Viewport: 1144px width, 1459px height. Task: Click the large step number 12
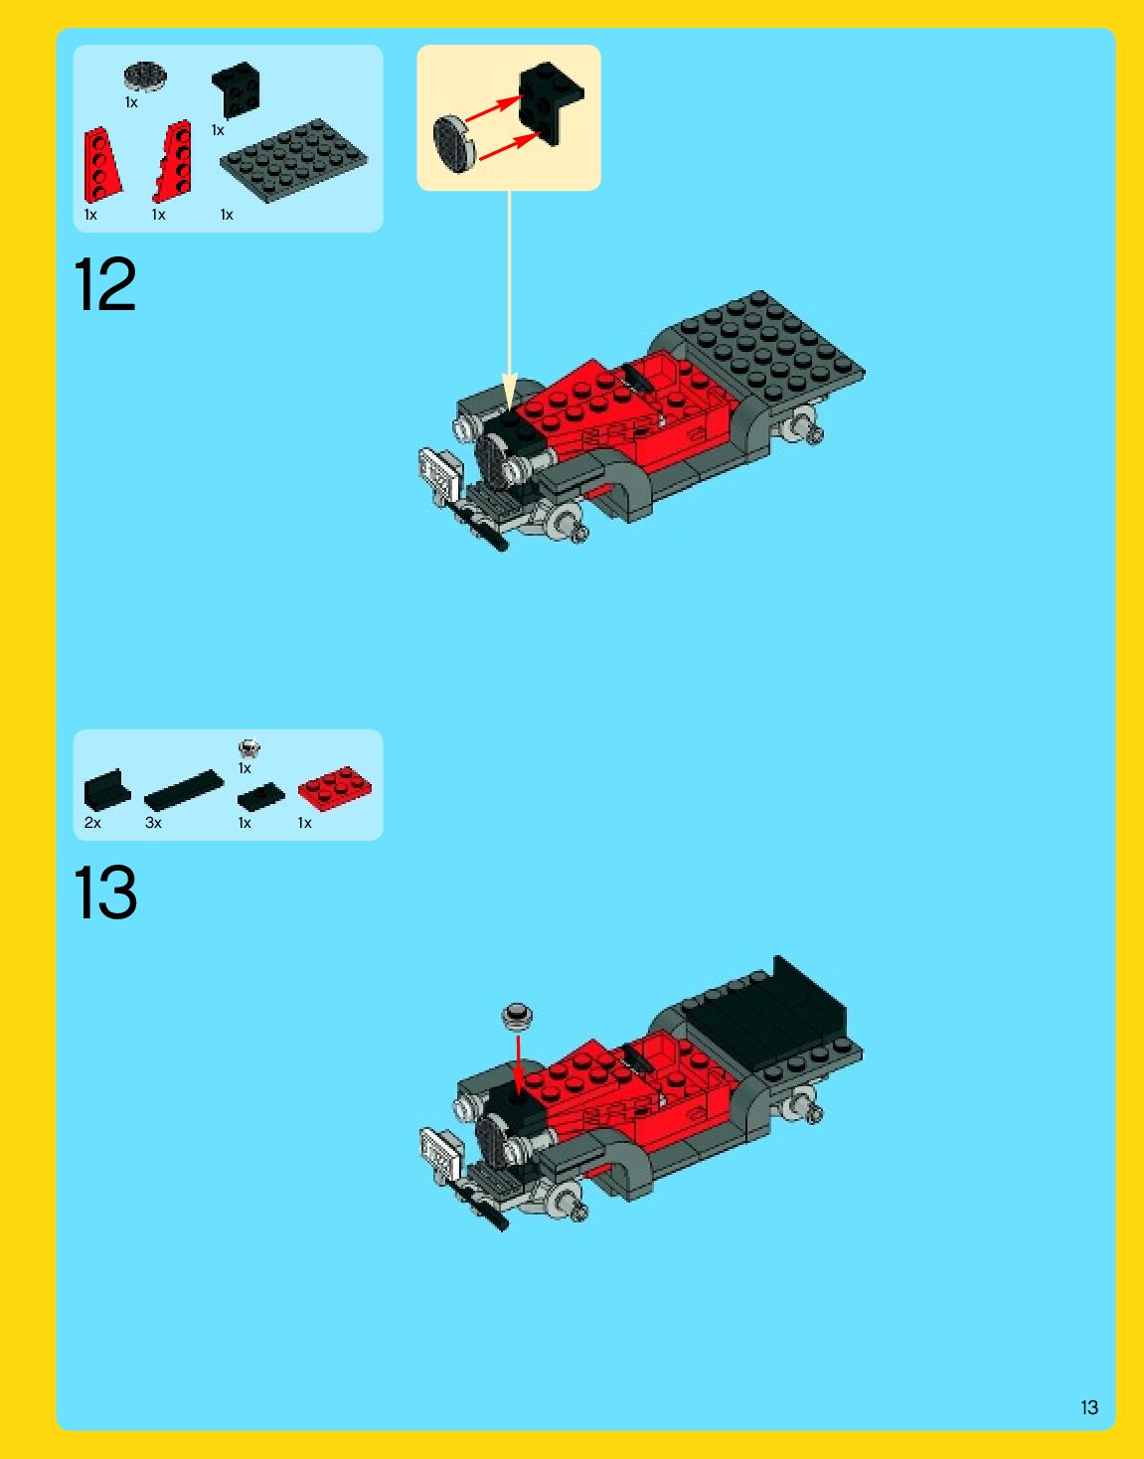click(x=104, y=284)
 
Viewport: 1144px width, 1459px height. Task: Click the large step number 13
click(x=105, y=892)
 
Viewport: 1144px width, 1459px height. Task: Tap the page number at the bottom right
click(x=1089, y=1407)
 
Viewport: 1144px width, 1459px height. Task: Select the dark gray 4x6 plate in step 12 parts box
click(x=293, y=160)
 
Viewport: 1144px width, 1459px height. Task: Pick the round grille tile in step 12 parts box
click(x=145, y=76)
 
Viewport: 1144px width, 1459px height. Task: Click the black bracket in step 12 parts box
click(x=236, y=90)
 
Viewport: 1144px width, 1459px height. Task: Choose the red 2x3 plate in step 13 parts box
click(x=335, y=788)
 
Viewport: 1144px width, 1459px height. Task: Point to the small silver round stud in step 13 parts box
click(x=249, y=747)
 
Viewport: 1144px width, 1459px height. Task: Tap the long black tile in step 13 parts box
click(x=183, y=790)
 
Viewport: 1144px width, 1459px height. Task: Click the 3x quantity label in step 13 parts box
click(x=153, y=823)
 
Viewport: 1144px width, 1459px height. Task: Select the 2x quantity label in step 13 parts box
click(x=92, y=823)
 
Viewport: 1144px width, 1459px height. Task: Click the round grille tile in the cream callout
click(x=454, y=144)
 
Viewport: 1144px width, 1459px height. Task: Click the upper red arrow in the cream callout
click(x=493, y=108)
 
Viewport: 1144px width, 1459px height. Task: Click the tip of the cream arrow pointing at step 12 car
click(x=509, y=408)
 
